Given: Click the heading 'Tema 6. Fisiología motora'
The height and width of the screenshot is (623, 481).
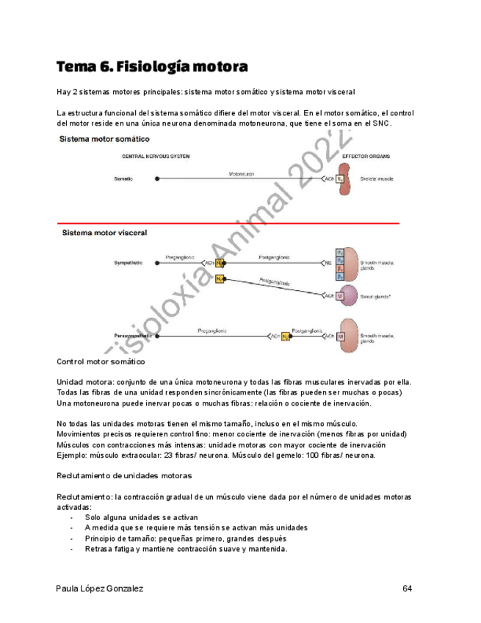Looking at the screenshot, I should (x=152, y=67).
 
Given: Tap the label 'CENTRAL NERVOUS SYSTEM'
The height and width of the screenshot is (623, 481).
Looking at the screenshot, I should (x=151, y=157).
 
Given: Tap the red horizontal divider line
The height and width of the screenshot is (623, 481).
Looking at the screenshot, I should (x=228, y=223).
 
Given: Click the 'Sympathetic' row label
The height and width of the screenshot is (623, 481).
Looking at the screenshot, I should (x=129, y=262).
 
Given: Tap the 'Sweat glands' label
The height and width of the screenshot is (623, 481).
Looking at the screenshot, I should (x=378, y=297).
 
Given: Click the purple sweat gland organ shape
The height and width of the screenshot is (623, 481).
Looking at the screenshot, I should (x=344, y=297).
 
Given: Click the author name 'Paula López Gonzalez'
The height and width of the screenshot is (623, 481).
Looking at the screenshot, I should (x=100, y=588).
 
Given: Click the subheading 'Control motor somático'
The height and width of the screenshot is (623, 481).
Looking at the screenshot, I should (x=101, y=362).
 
